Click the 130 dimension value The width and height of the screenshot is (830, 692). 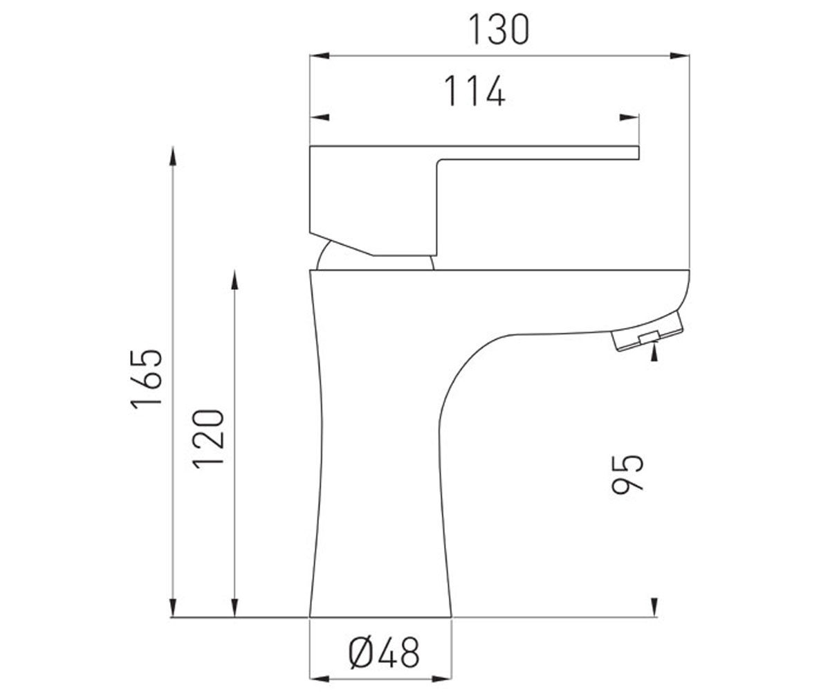coord(499,30)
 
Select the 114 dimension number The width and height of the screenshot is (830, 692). coord(474,91)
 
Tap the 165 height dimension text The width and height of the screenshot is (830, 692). coord(146,379)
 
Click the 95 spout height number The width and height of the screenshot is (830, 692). coord(627,475)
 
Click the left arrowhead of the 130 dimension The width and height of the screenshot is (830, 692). coord(320,55)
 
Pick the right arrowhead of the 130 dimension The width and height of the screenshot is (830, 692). coord(680,55)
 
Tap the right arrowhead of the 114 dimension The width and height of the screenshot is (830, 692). coord(629,118)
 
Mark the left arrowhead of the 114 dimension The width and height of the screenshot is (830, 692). coord(320,118)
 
